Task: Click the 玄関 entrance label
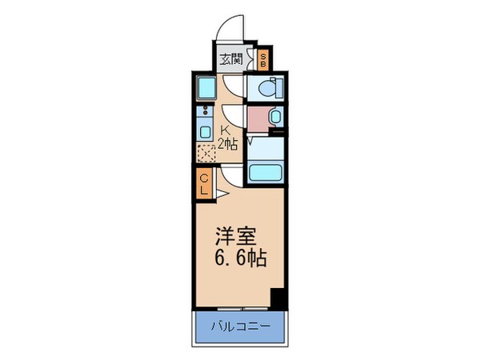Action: pyautogui.click(x=231, y=58)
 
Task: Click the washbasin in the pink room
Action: pyautogui.click(x=275, y=118)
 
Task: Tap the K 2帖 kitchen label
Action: pyautogui.click(x=227, y=137)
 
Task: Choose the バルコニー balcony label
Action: pyautogui.click(x=240, y=327)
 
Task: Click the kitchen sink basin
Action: pyautogui.click(x=205, y=132)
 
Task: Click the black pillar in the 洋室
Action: pyautogui.click(x=278, y=298)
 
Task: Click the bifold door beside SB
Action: pyautogui.click(x=250, y=58)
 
